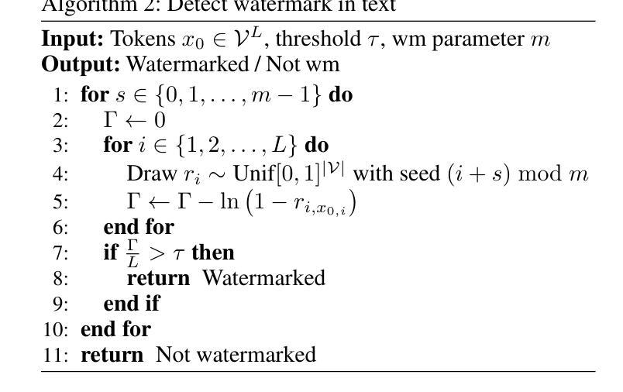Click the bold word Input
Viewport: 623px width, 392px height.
[x=73, y=39]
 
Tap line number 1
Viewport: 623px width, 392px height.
[x=61, y=96]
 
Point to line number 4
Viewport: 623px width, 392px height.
[x=61, y=174]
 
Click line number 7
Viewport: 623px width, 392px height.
[x=61, y=253]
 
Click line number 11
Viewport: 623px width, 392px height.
[x=57, y=355]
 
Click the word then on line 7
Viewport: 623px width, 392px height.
[x=212, y=253]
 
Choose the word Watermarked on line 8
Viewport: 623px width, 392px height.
[x=263, y=277]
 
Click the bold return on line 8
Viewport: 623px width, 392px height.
[x=157, y=277]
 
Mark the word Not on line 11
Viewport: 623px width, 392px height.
[x=174, y=355]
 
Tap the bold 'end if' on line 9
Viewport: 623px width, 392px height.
[x=131, y=303]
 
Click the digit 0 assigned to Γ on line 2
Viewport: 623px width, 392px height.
[x=159, y=121]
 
